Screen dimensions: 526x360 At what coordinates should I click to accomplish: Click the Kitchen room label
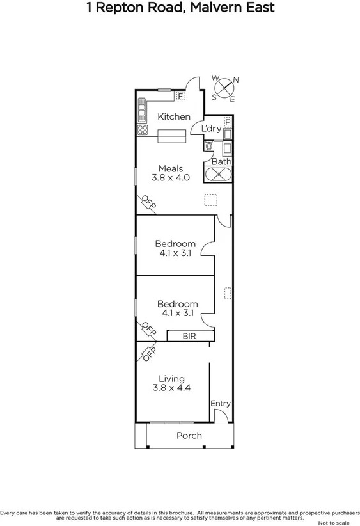tap(174, 116)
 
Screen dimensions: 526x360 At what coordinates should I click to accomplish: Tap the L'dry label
tap(211, 129)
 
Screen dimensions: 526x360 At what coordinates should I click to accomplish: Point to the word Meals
tap(171, 168)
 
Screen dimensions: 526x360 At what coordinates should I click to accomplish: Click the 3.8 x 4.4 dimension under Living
tap(171, 387)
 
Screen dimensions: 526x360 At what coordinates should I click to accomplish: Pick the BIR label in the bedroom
tap(189, 335)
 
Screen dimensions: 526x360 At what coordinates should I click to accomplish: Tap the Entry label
tap(221, 404)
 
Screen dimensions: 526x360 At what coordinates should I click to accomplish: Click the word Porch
tap(189, 436)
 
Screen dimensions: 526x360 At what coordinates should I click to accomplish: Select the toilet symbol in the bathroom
tap(210, 146)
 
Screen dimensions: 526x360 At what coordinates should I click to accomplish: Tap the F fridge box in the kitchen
tap(181, 97)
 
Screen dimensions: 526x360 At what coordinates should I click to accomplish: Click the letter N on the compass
tap(236, 79)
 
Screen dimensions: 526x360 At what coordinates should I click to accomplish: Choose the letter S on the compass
tap(214, 97)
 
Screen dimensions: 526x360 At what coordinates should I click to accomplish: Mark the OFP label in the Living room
tap(149, 353)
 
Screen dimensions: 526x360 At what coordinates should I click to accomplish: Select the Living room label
tap(171, 378)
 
